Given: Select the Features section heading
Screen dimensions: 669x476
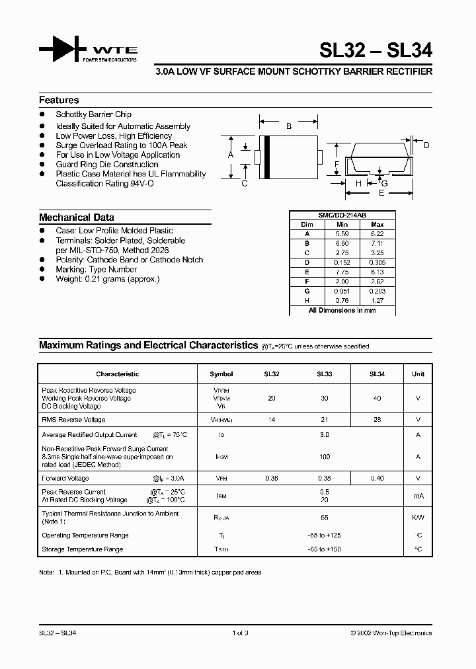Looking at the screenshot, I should pyautogui.click(x=59, y=100).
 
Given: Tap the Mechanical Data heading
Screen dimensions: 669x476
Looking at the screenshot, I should pyautogui.click(x=76, y=217).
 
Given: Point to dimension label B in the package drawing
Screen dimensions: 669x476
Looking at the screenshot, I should pyautogui.click(x=288, y=126).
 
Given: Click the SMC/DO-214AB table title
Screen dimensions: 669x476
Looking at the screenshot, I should pyautogui.click(x=342, y=216).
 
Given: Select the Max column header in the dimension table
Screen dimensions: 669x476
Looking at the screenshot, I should pyautogui.click(x=377, y=225).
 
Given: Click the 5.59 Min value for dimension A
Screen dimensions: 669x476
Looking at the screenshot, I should pyautogui.click(x=342, y=234).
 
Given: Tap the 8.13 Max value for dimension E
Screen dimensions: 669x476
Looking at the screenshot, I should pyautogui.click(x=377, y=272).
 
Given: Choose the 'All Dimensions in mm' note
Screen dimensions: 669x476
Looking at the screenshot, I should pyautogui.click(x=342, y=310).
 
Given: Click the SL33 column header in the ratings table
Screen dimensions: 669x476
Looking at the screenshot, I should pyautogui.click(x=324, y=374).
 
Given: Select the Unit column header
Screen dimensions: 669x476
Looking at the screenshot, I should pyautogui.click(x=418, y=374).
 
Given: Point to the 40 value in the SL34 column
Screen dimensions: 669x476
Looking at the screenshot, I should pyautogui.click(x=377, y=399).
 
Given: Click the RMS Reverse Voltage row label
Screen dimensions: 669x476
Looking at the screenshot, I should pyautogui.click(x=73, y=420).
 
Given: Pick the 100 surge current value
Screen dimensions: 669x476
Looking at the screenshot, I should pyautogui.click(x=324, y=456).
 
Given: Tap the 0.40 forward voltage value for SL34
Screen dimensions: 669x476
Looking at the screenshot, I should pyautogui.click(x=377, y=478).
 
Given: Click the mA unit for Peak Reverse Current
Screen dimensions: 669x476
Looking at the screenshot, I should pyautogui.click(x=418, y=496).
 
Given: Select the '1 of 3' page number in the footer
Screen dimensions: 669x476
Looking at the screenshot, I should pyautogui.click(x=241, y=633).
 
